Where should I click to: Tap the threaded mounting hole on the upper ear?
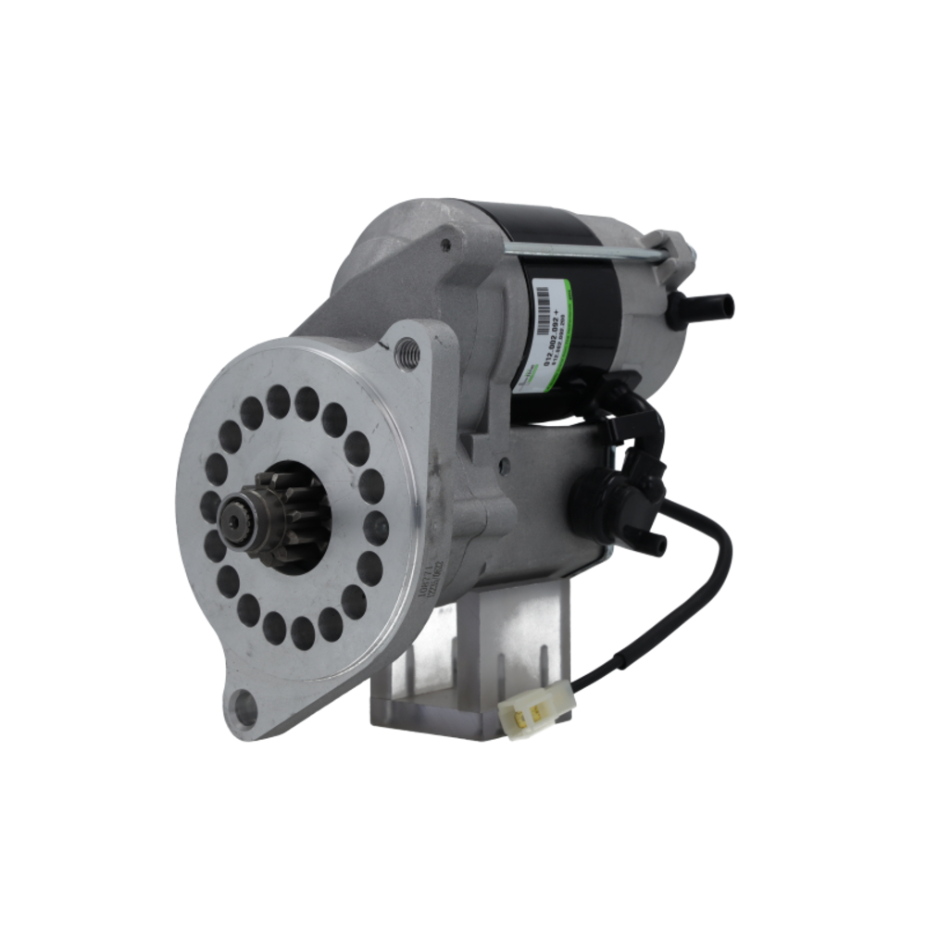[407, 353]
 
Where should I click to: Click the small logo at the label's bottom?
[529, 374]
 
